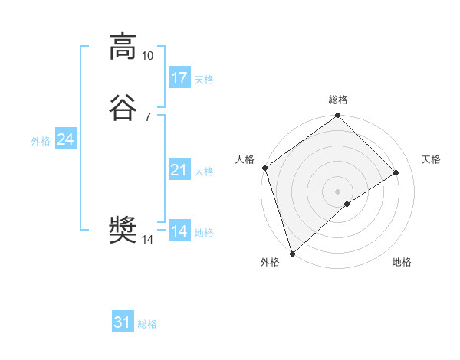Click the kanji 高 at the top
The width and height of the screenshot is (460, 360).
(123, 47)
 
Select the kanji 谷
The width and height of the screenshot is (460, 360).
(123, 109)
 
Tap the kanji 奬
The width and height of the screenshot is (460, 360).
(123, 231)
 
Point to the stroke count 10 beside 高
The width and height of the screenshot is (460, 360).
(147, 56)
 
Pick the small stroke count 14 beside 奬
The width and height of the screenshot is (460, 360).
(147, 240)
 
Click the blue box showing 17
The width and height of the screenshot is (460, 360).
(179, 78)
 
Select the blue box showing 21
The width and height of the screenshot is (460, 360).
(179, 170)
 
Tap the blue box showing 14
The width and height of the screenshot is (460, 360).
(179, 231)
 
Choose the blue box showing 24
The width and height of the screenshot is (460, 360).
(66, 139)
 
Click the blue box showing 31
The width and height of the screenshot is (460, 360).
(123, 322)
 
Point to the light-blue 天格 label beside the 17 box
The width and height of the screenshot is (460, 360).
(204, 80)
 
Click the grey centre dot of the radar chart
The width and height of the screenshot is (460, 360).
(337, 191)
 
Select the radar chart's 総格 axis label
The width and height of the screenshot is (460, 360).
(338, 100)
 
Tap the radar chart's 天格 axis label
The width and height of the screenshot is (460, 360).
(431, 159)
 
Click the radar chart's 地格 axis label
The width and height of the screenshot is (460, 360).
(402, 263)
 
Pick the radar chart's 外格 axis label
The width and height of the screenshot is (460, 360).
(270, 263)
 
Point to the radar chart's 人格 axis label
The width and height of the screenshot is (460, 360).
(245, 159)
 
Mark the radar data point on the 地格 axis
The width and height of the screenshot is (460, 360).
(347, 204)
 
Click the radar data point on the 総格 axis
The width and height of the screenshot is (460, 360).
(337, 116)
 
